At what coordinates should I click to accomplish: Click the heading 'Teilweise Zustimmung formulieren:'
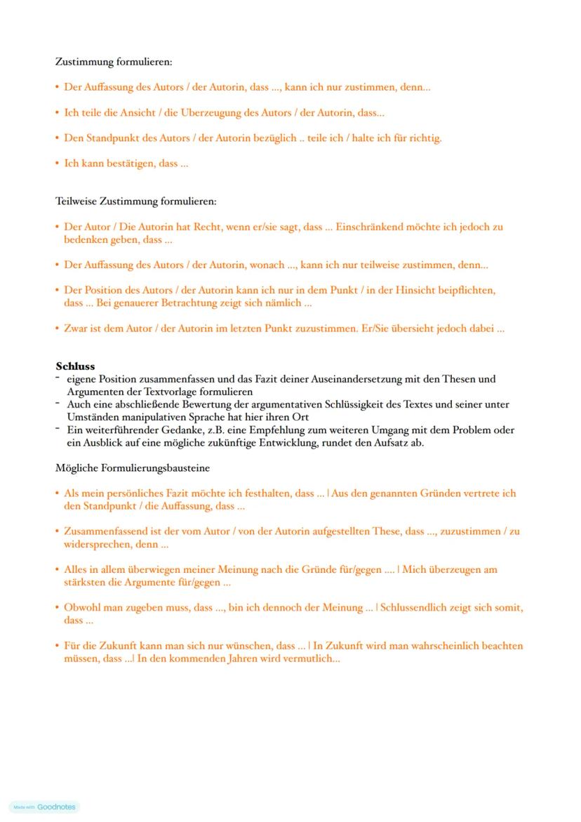(136, 201)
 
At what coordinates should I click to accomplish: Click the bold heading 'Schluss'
(75, 366)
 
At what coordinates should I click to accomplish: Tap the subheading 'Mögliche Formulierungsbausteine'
(133, 468)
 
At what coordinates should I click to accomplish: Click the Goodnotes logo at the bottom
(46, 807)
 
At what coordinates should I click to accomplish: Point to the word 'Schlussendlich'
(415, 608)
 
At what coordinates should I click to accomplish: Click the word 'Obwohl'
(80, 608)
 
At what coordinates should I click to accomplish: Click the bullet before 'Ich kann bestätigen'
(58, 164)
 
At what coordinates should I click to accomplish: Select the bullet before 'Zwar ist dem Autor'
(58, 328)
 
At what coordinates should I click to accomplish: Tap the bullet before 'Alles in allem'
(58, 569)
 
